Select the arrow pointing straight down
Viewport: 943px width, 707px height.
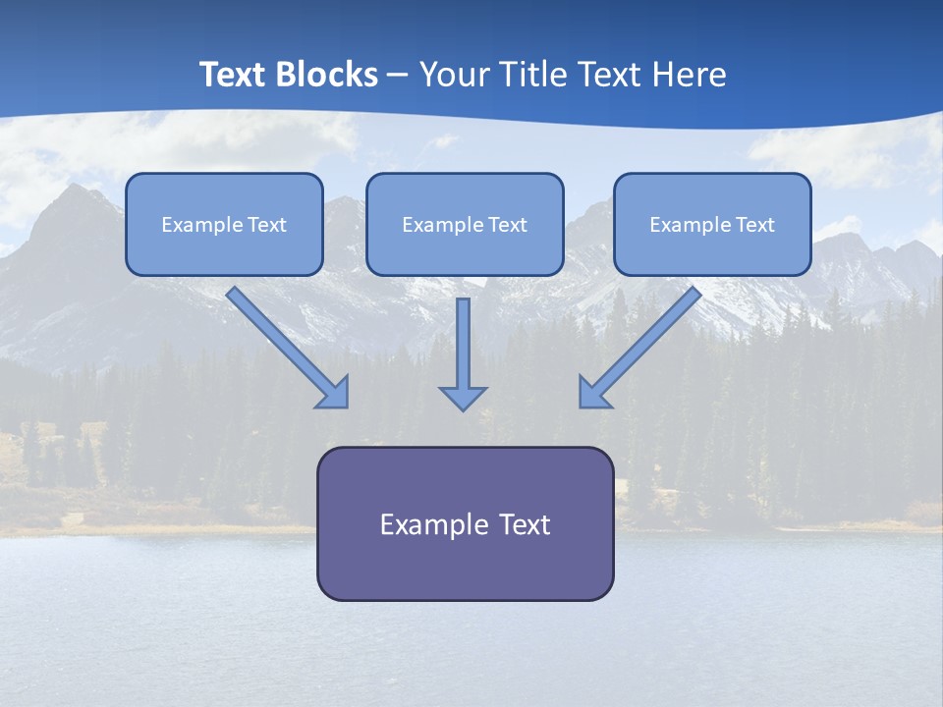(x=463, y=349)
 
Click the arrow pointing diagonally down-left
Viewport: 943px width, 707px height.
(x=643, y=343)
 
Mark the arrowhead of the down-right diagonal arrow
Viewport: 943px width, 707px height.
(x=334, y=392)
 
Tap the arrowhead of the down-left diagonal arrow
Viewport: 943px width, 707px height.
(x=593, y=392)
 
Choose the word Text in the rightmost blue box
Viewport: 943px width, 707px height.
(x=754, y=225)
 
